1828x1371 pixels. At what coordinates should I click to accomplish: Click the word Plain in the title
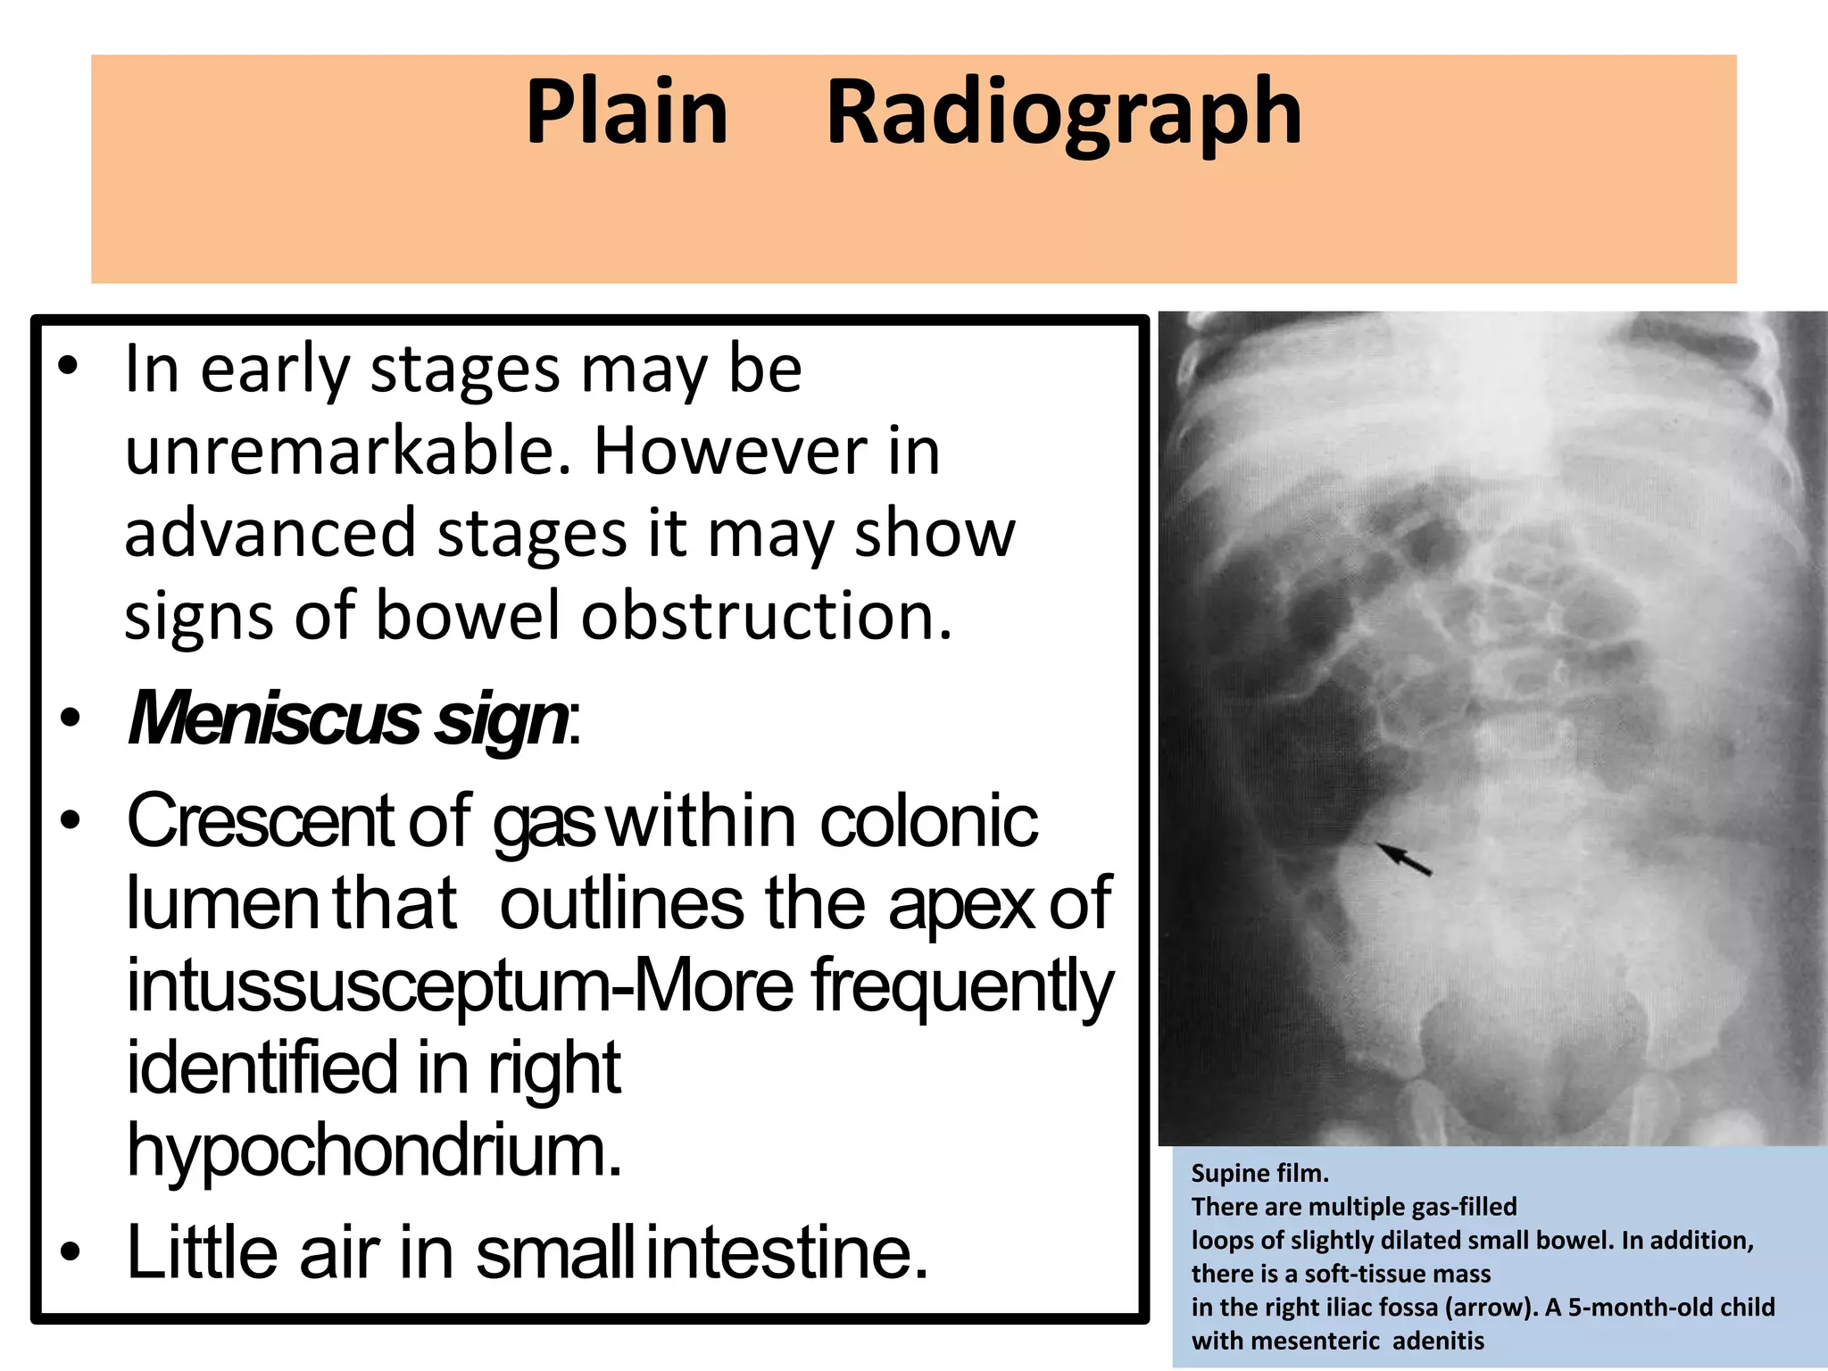click(627, 112)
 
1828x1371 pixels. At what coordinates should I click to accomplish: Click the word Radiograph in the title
click(1064, 114)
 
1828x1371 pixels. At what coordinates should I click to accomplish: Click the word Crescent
click(260, 820)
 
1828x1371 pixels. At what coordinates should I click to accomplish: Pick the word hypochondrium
click(373, 1151)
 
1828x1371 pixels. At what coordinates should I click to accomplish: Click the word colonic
click(928, 820)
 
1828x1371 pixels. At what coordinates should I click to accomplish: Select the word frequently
click(962, 986)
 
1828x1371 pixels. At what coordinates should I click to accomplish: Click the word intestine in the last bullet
click(786, 1251)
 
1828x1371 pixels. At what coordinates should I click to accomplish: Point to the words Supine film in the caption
click(1259, 1173)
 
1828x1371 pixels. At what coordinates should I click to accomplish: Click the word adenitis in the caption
click(1438, 1341)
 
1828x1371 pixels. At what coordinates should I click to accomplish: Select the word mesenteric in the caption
click(1316, 1341)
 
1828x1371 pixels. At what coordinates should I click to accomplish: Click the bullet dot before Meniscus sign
click(70, 719)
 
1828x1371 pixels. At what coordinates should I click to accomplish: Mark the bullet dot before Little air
click(70, 1251)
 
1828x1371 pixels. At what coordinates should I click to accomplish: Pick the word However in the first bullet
click(730, 451)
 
